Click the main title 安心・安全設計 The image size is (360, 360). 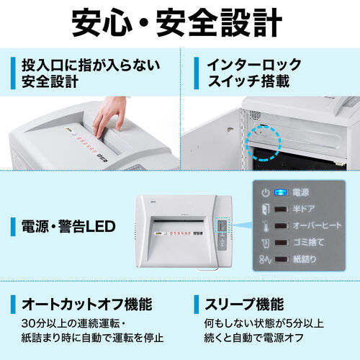click(x=179, y=23)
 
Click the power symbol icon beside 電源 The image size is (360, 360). click(x=265, y=193)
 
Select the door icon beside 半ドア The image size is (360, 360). click(x=265, y=210)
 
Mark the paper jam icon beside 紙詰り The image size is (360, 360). click(x=265, y=261)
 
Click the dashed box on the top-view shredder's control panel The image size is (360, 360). click(x=223, y=229)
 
